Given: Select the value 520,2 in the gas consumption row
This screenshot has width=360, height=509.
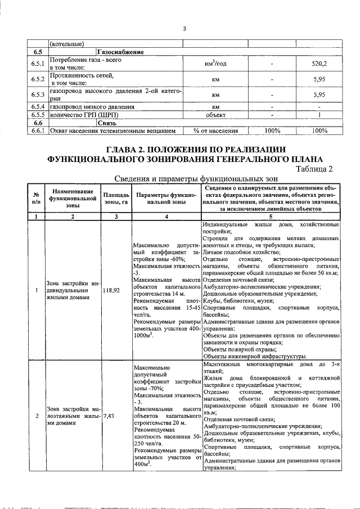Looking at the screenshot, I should point(319,64).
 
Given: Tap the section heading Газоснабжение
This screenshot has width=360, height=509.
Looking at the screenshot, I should point(120,52).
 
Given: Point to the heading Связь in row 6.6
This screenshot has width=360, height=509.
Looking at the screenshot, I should point(106,123).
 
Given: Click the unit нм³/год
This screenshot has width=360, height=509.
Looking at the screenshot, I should point(215,64).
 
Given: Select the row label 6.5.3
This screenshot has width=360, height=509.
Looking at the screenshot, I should point(38,94).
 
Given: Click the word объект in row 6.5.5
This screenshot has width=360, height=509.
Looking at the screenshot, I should point(215,115).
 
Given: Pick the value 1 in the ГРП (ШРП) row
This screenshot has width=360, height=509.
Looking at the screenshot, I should point(319,115).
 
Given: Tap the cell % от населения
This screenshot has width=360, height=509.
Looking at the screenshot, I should point(215,130).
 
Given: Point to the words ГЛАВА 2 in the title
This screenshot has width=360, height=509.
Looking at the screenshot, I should point(132,149).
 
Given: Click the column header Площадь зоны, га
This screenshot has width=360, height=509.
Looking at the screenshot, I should point(116,198).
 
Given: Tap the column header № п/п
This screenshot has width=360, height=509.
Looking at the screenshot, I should point(37,198).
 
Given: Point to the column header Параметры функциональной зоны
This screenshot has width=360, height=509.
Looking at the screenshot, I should point(166,198).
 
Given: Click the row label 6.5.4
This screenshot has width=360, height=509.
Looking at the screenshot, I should point(38,106).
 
